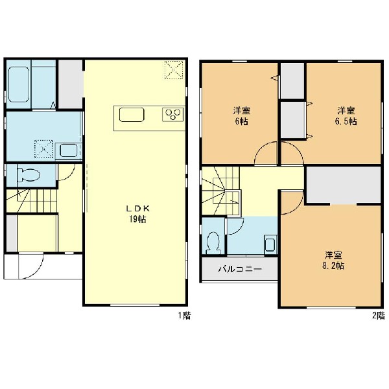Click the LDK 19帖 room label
(137, 214)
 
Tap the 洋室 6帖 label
(241, 116)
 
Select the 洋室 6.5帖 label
(346, 116)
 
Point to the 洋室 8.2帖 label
(333, 261)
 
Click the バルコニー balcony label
(240, 269)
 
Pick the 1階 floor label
(185, 316)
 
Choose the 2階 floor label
(379, 316)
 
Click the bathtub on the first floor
(19, 84)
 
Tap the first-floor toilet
(29, 175)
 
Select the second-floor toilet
(213, 242)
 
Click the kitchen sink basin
(132, 115)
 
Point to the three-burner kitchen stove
(173, 114)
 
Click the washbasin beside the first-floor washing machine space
(69, 150)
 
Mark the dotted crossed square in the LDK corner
(174, 70)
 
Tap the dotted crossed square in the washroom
(43, 149)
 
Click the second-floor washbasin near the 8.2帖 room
(270, 243)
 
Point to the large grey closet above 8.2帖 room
(344, 185)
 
